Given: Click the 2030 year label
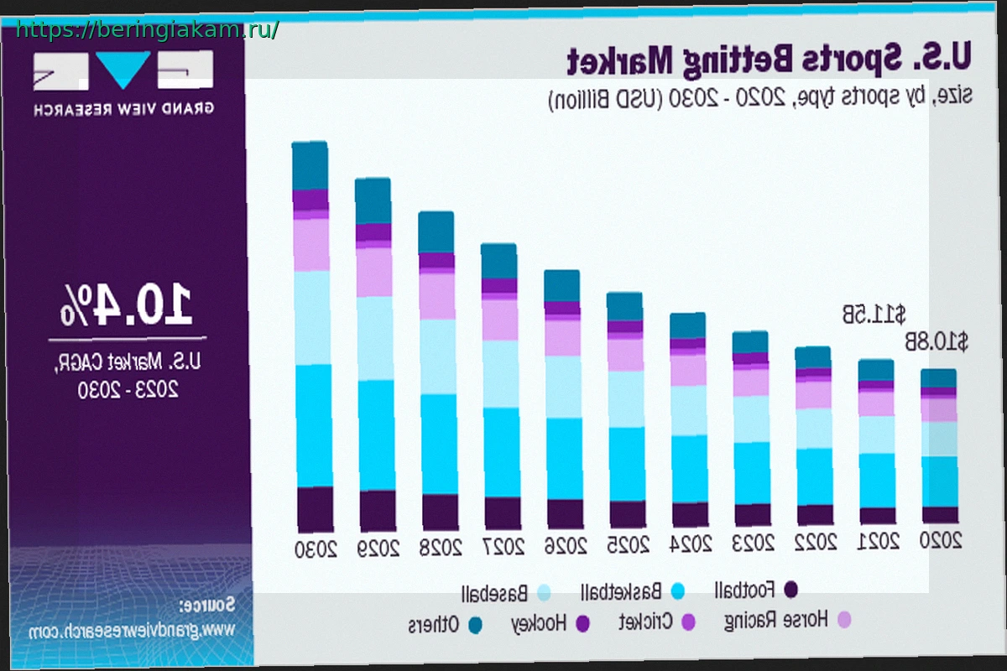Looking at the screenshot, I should point(315,550).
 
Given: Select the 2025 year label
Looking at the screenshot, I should point(627,544).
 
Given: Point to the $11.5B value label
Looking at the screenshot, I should point(874,315).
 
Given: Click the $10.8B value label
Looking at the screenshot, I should point(936,342).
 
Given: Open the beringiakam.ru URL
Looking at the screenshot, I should point(147,30).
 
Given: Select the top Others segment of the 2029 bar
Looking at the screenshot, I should point(373,200).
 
